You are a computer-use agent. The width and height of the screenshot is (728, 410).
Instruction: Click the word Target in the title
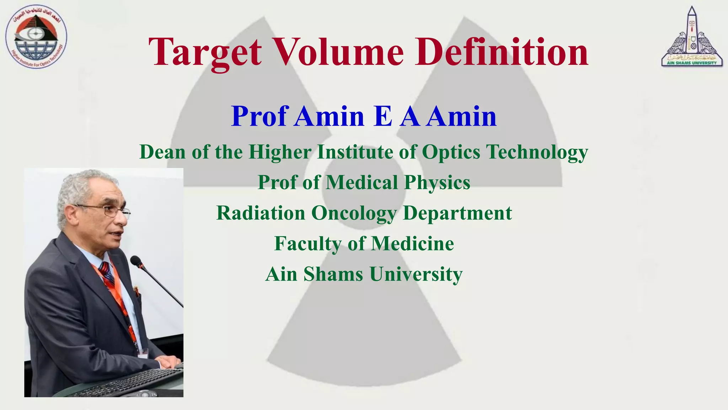[x=205, y=53]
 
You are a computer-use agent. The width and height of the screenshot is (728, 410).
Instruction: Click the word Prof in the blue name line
[x=258, y=116]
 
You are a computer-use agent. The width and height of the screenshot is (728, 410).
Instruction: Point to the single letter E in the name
[x=383, y=116]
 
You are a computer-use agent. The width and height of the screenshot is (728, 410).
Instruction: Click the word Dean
[x=162, y=152]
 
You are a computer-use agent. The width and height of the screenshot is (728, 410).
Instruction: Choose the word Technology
[x=537, y=152]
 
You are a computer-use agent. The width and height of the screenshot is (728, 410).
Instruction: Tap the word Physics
[x=437, y=183]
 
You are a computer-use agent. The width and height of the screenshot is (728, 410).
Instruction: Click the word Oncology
[x=354, y=214]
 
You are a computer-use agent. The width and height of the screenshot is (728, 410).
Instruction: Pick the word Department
[x=457, y=213]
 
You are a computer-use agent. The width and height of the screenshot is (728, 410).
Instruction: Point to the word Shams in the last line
[x=333, y=274]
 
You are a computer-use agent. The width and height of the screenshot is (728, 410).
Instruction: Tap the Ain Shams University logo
[x=691, y=37]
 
